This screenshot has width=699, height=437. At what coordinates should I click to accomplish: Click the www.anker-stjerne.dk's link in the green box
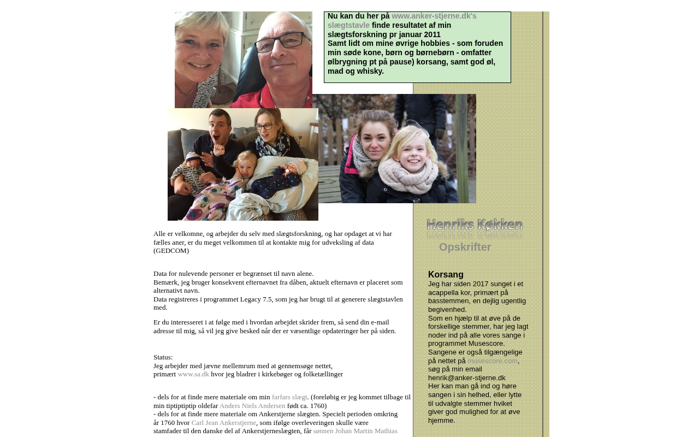coord(434,16)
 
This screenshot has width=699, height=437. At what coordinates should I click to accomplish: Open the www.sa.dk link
coord(193,374)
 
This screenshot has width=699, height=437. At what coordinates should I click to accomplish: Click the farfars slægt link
coord(289,397)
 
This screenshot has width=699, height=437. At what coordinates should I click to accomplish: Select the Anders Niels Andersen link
coord(252,406)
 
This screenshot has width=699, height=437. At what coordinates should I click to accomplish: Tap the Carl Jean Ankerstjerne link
coord(223,423)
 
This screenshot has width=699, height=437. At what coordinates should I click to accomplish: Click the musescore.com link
coord(492,361)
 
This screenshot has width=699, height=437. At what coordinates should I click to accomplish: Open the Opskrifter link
coord(465,247)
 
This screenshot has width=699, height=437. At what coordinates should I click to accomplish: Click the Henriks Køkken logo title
coord(475,225)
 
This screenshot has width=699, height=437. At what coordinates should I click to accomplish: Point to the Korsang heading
coord(446,275)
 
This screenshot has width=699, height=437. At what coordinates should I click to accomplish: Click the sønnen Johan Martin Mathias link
coord(355,431)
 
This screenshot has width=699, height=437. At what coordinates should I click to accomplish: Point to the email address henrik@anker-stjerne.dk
coord(466,378)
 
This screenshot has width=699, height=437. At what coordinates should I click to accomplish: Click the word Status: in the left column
coord(163,357)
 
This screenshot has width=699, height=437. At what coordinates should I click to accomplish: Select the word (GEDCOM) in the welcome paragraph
coord(171,251)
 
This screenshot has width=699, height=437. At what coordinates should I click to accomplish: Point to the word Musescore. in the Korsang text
coord(487,344)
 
